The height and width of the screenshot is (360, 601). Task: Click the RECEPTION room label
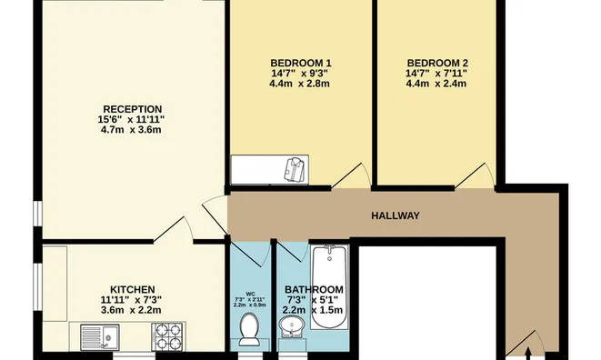pos(132,109)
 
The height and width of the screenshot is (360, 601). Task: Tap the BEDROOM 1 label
pos(301,63)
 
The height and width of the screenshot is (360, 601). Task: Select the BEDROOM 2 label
pos(437,63)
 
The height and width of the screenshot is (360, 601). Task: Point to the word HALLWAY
pos(396,215)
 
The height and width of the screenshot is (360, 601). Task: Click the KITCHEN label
pos(132,289)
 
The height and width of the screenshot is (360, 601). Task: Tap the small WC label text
pos(250,294)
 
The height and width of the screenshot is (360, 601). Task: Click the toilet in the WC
pos(249,328)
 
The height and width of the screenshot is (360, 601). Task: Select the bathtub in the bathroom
pos(330,286)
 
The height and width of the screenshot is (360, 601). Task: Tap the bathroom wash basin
pos(292,326)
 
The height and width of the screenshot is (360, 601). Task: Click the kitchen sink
pos(100,337)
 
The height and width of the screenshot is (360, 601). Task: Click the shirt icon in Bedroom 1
pos(295,170)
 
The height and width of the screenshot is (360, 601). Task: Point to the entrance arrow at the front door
pos(527,354)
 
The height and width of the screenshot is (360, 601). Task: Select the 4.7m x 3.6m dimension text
pos(131,130)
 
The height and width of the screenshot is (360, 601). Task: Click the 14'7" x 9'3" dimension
pos(300,74)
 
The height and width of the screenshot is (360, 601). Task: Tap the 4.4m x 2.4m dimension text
pos(436,84)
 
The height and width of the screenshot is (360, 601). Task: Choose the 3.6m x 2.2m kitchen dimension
pos(131,310)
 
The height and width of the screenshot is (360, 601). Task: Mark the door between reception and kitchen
pos(174,229)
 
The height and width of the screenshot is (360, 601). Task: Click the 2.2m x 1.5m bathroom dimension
pos(313,310)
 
